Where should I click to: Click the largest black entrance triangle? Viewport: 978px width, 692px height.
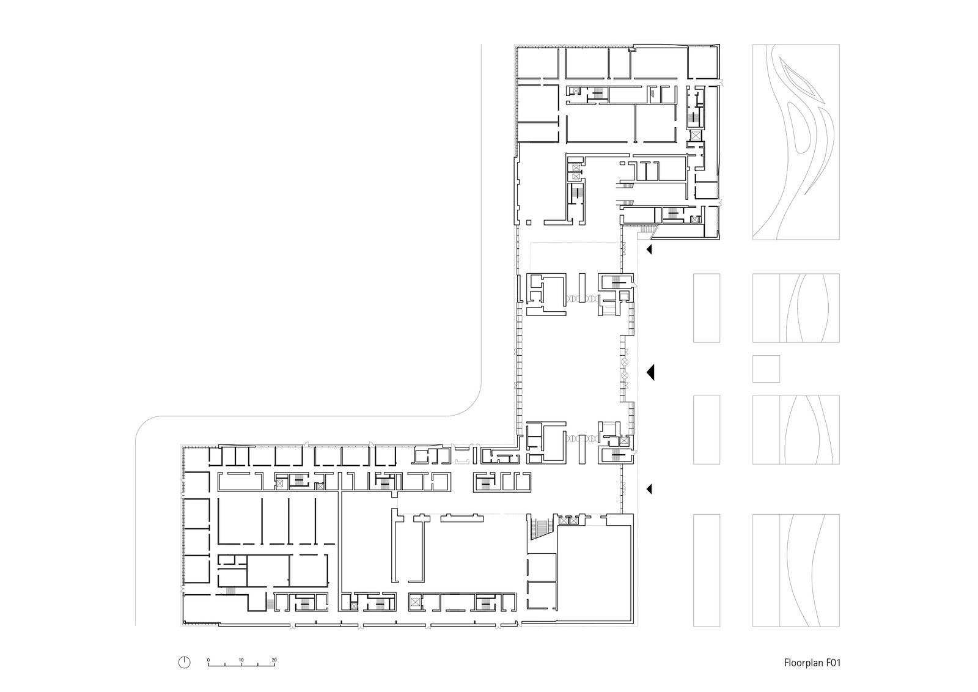(651, 372)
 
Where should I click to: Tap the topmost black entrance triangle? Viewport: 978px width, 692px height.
(649, 249)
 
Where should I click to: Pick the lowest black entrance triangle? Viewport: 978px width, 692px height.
(649, 489)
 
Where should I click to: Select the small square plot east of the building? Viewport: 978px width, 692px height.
(767, 369)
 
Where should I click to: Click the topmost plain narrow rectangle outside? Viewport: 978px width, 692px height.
(707, 308)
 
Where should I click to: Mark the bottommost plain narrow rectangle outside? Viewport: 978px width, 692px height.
(707, 570)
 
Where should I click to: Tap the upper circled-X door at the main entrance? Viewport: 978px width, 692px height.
(625, 363)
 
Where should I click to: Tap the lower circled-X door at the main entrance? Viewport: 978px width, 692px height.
(625, 375)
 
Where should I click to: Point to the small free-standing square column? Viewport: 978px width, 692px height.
(529, 223)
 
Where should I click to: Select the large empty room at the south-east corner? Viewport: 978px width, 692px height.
(595, 573)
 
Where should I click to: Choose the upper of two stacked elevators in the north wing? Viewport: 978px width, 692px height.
(576, 167)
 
